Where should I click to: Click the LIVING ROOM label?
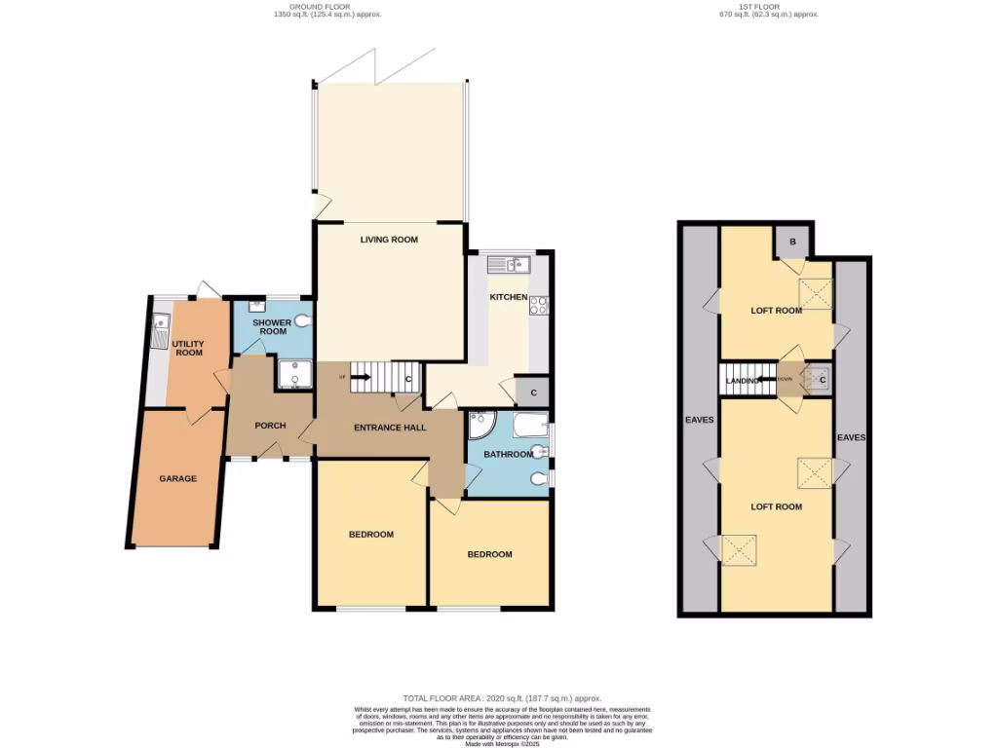(389, 240)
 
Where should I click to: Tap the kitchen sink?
(509, 264)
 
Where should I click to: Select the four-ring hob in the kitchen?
(539, 306)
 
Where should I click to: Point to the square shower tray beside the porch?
(291, 374)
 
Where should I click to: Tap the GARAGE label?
(178, 478)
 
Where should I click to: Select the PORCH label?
(269, 426)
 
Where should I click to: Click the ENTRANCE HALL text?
(389, 428)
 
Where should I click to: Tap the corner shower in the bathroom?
(481, 426)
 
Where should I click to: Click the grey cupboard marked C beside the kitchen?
(532, 393)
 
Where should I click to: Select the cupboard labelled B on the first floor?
(791, 242)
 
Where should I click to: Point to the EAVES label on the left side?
(699, 420)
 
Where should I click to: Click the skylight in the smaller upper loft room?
(816, 292)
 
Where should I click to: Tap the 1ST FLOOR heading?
(769, 6)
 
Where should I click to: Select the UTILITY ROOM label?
(189, 348)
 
